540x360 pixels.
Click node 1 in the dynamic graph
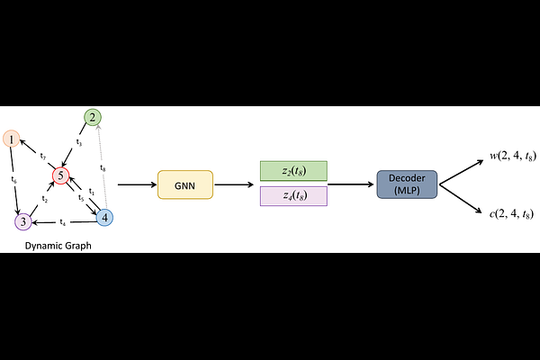tap(11, 139)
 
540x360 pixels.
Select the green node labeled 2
tap(92, 117)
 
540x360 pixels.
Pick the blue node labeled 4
tap(104, 217)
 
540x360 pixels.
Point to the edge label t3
tap(79, 142)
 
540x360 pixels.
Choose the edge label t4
tap(63, 222)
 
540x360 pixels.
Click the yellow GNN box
tap(184, 184)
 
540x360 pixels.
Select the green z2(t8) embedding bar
tap(292, 171)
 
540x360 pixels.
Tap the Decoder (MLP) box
tap(407, 184)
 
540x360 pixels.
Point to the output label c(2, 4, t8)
tap(511, 213)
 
